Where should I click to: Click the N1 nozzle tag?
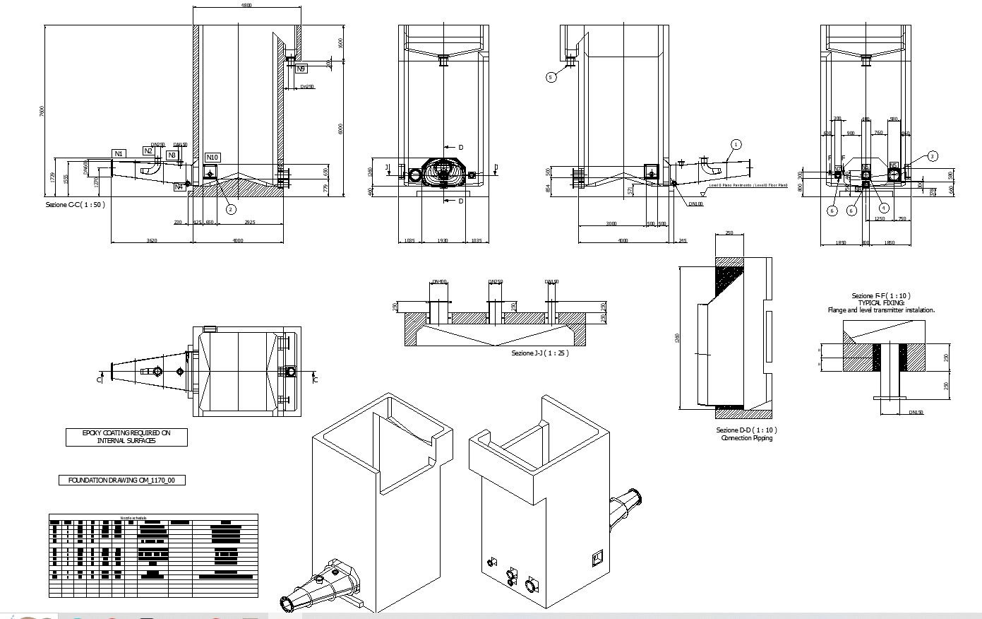[x=119, y=153]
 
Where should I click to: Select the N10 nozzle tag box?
[x=212, y=158]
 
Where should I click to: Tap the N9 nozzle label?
[x=301, y=69]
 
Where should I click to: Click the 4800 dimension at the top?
[x=246, y=5]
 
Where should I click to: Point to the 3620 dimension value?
[x=152, y=241]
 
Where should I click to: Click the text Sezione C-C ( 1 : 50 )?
[x=75, y=204]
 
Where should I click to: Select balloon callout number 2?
[x=230, y=208]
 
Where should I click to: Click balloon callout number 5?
[x=552, y=77]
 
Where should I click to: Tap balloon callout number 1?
[x=736, y=144]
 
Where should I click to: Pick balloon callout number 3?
[x=933, y=156]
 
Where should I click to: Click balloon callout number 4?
[x=884, y=208]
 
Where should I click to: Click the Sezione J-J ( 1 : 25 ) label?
[x=539, y=353]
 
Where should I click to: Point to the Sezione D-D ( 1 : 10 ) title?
[x=746, y=430]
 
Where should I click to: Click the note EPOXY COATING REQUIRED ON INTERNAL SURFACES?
[x=126, y=437]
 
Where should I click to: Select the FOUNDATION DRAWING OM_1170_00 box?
[x=121, y=481]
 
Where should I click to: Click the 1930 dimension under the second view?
[x=442, y=241]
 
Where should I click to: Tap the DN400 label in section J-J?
[x=439, y=282]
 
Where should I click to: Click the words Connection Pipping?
[x=746, y=438]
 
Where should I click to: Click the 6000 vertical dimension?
[x=340, y=129]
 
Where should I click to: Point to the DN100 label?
[x=695, y=204]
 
